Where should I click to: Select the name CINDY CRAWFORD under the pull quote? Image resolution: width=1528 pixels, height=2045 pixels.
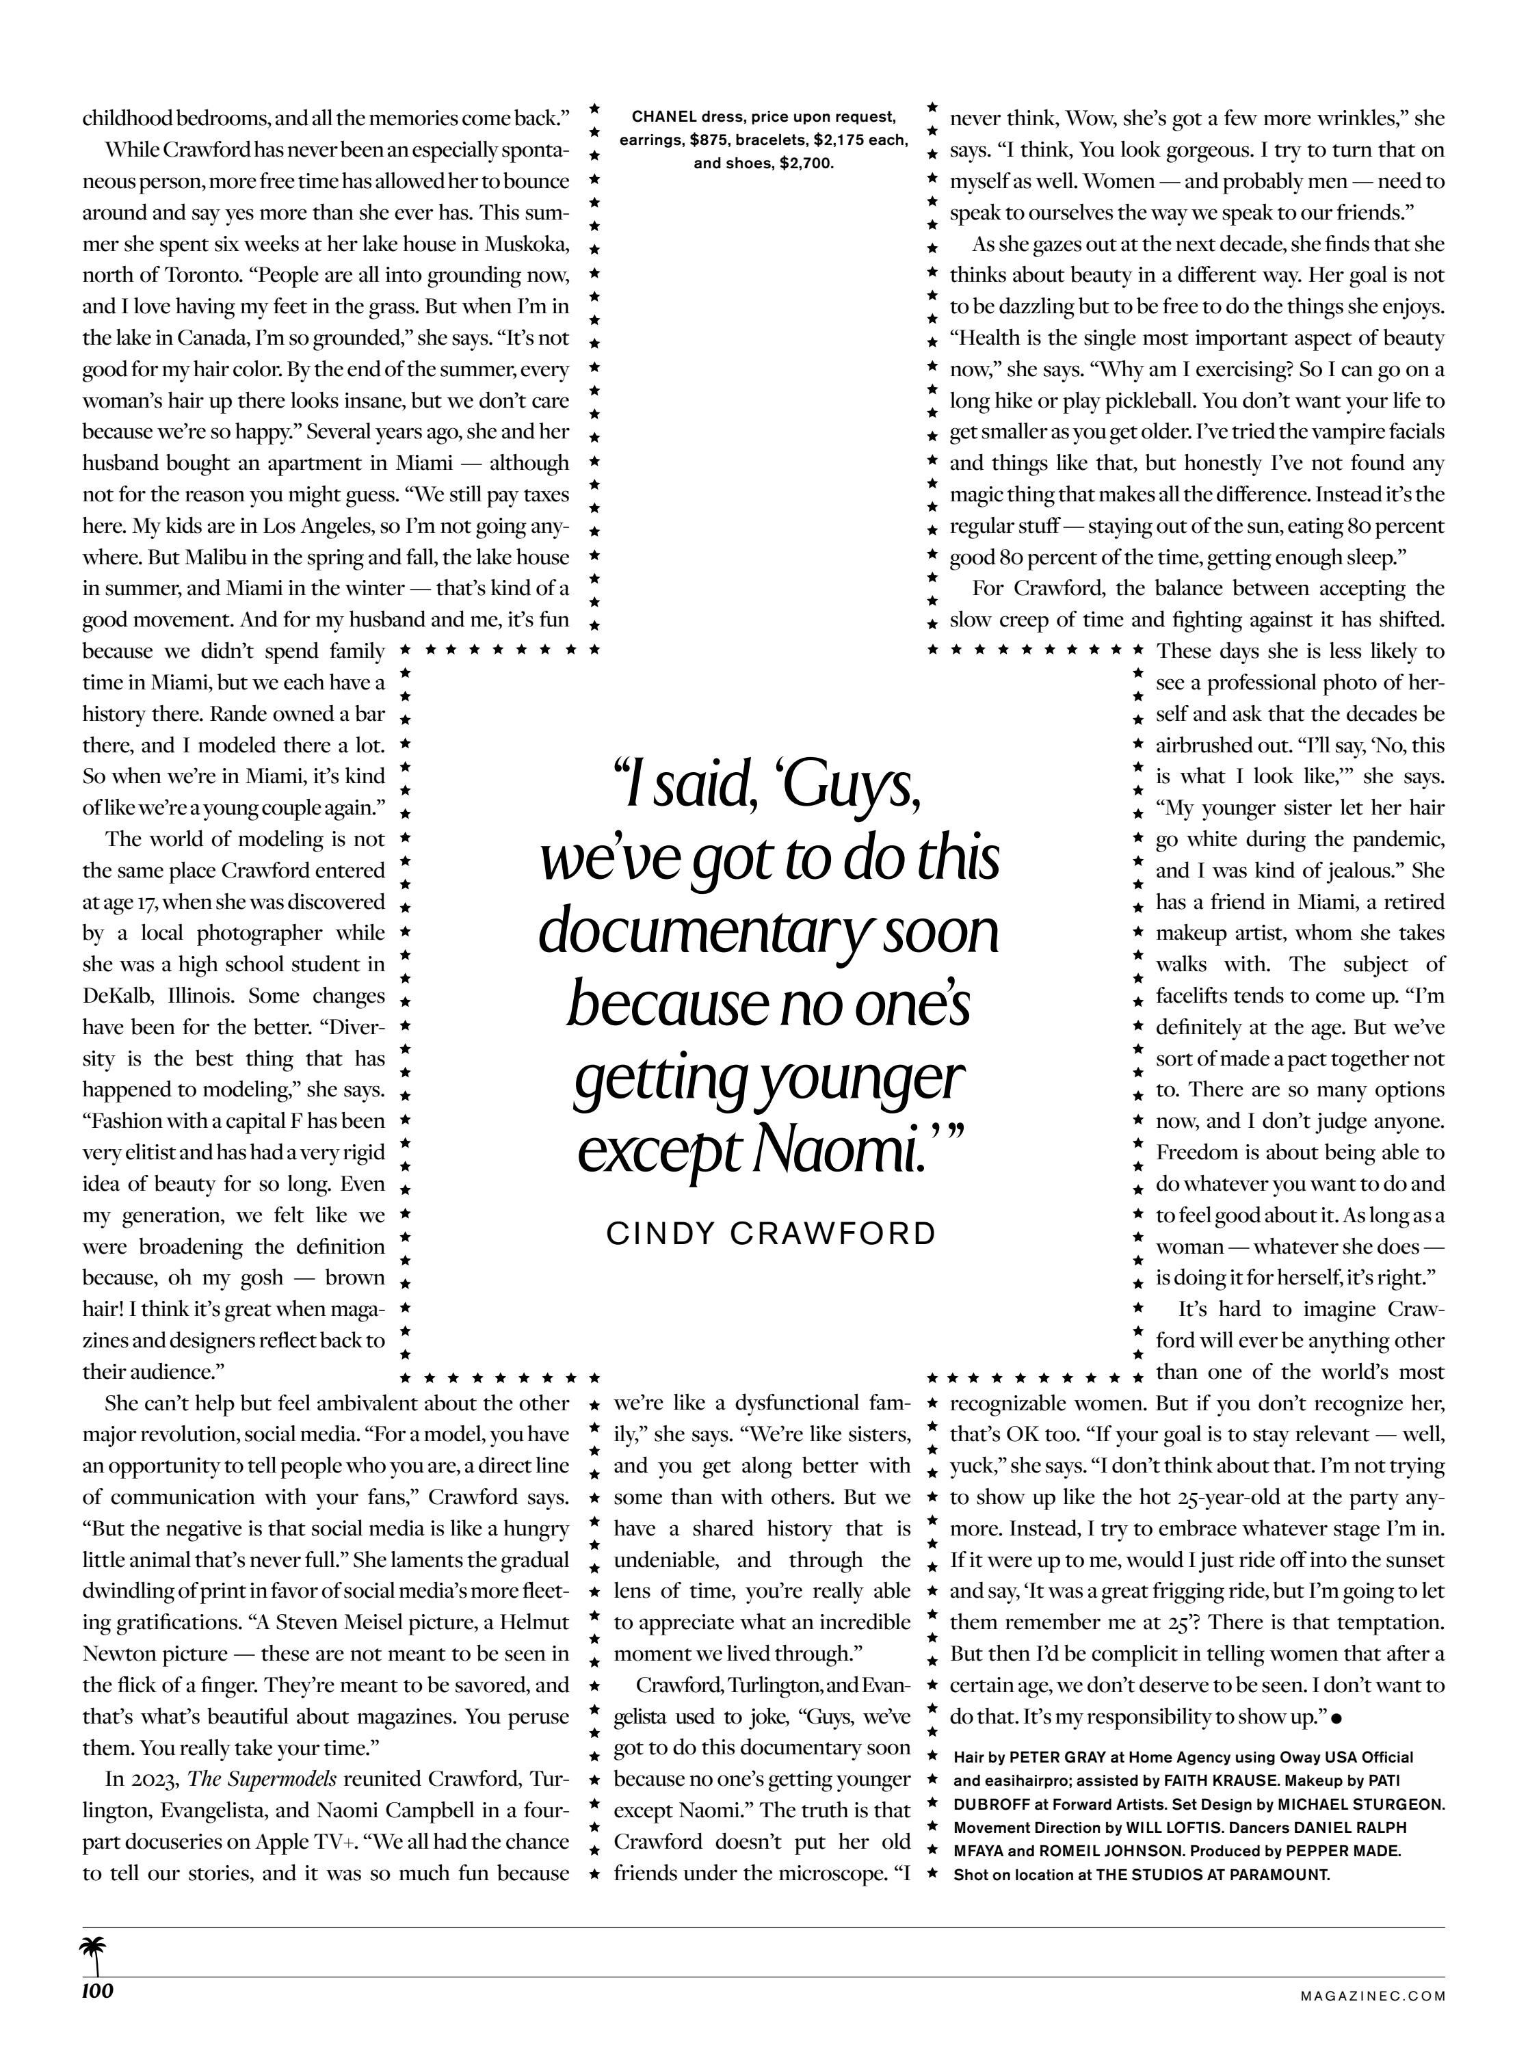pos(771,1233)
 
